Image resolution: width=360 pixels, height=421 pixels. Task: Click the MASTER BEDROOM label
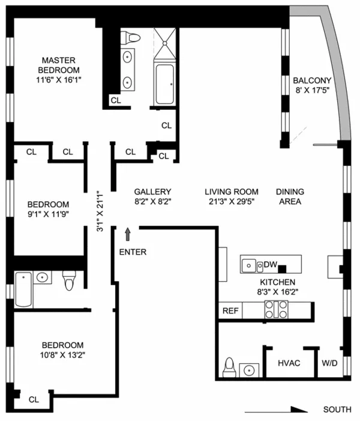click(58, 65)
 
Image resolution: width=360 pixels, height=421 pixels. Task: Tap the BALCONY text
click(310, 80)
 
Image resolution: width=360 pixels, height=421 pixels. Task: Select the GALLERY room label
click(152, 192)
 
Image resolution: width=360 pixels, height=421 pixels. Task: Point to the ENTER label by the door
click(133, 252)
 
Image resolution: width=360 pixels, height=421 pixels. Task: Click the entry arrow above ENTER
click(127, 232)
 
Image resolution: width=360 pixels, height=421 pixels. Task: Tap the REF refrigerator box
click(230, 310)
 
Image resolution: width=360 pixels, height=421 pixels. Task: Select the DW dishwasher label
click(270, 264)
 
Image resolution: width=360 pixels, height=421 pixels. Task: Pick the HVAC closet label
click(289, 363)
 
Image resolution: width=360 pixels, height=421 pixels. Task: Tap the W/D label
click(329, 363)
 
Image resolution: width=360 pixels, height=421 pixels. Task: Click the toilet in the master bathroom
click(130, 38)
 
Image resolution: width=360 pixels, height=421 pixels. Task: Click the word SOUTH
click(337, 410)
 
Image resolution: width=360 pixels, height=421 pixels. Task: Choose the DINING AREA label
click(289, 196)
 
